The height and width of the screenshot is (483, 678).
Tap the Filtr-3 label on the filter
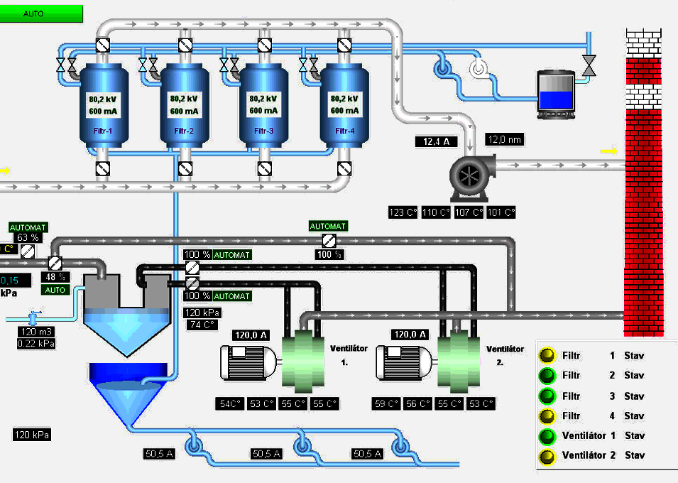pyautogui.click(x=263, y=131)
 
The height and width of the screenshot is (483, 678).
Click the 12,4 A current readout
pyautogui.click(x=437, y=142)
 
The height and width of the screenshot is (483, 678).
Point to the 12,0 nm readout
pyautogui.click(x=505, y=140)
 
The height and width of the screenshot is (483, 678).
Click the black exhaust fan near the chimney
pyautogui.click(x=469, y=176)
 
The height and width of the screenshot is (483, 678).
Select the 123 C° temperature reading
pyautogui.click(x=403, y=212)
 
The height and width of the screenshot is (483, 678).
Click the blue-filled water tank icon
pyautogui.click(x=554, y=91)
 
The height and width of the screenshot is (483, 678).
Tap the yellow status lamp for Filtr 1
pyautogui.click(x=547, y=356)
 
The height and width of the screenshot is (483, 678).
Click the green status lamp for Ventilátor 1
pyautogui.click(x=547, y=435)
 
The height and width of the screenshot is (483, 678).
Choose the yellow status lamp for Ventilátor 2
pyautogui.click(x=547, y=455)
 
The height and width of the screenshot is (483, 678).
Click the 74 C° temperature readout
pyautogui.click(x=201, y=325)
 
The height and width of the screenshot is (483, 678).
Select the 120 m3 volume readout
pyautogui.click(x=36, y=332)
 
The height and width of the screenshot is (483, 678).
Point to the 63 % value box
pyautogui.click(x=28, y=237)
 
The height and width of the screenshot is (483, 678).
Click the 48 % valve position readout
pyautogui.click(x=53, y=277)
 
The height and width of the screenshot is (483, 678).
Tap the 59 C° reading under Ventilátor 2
pyautogui.click(x=387, y=404)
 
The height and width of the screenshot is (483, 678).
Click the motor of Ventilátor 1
pyautogui.click(x=246, y=362)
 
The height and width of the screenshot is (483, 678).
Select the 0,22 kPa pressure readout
pyautogui.click(x=36, y=344)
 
